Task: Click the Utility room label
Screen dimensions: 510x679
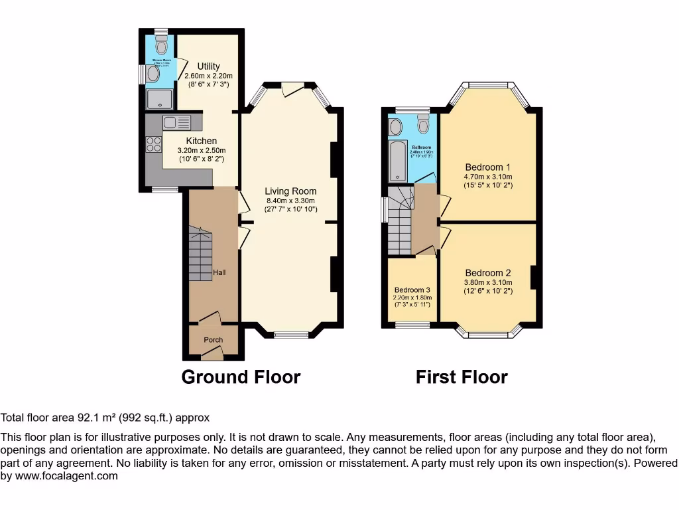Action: pyautogui.click(x=208, y=66)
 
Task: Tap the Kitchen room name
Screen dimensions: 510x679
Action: pyautogui.click(x=201, y=141)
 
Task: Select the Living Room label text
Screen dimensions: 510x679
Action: pyautogui.click(x=290, y=191)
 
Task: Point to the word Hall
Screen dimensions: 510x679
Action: pyautogui.click(x=220, y=273)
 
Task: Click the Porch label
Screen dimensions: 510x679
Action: pyautogui.click(x=213, y=340)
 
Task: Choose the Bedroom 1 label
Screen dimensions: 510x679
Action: pyautogui.click(x=488, y=167)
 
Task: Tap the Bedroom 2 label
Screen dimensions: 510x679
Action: pyautogui.click(x=488, y=273)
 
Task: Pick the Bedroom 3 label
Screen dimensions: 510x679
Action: pyautogui.click(x=412, y=290)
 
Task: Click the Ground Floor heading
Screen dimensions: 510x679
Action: pyautogui.click(x=241, y=377)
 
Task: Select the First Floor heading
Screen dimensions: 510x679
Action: pyautogui.click(x=462, y=377)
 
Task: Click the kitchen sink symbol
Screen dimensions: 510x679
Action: pyautogui.click(x=176, y=122)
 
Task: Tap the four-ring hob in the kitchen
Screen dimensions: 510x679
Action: pyautogui.click(x=154, y=144)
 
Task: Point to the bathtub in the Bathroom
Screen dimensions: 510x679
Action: pyautogui.click(x=397, y=160)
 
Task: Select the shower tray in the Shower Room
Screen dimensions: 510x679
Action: pyautogui.click(x=160, y=100)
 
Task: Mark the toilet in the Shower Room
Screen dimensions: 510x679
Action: pyautogui.click(x=161, y=44)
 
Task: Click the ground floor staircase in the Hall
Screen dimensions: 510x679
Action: pyautogui.click(x=200, y=254)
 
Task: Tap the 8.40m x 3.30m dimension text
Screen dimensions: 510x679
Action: pyautogui.click(x=290, y=201)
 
